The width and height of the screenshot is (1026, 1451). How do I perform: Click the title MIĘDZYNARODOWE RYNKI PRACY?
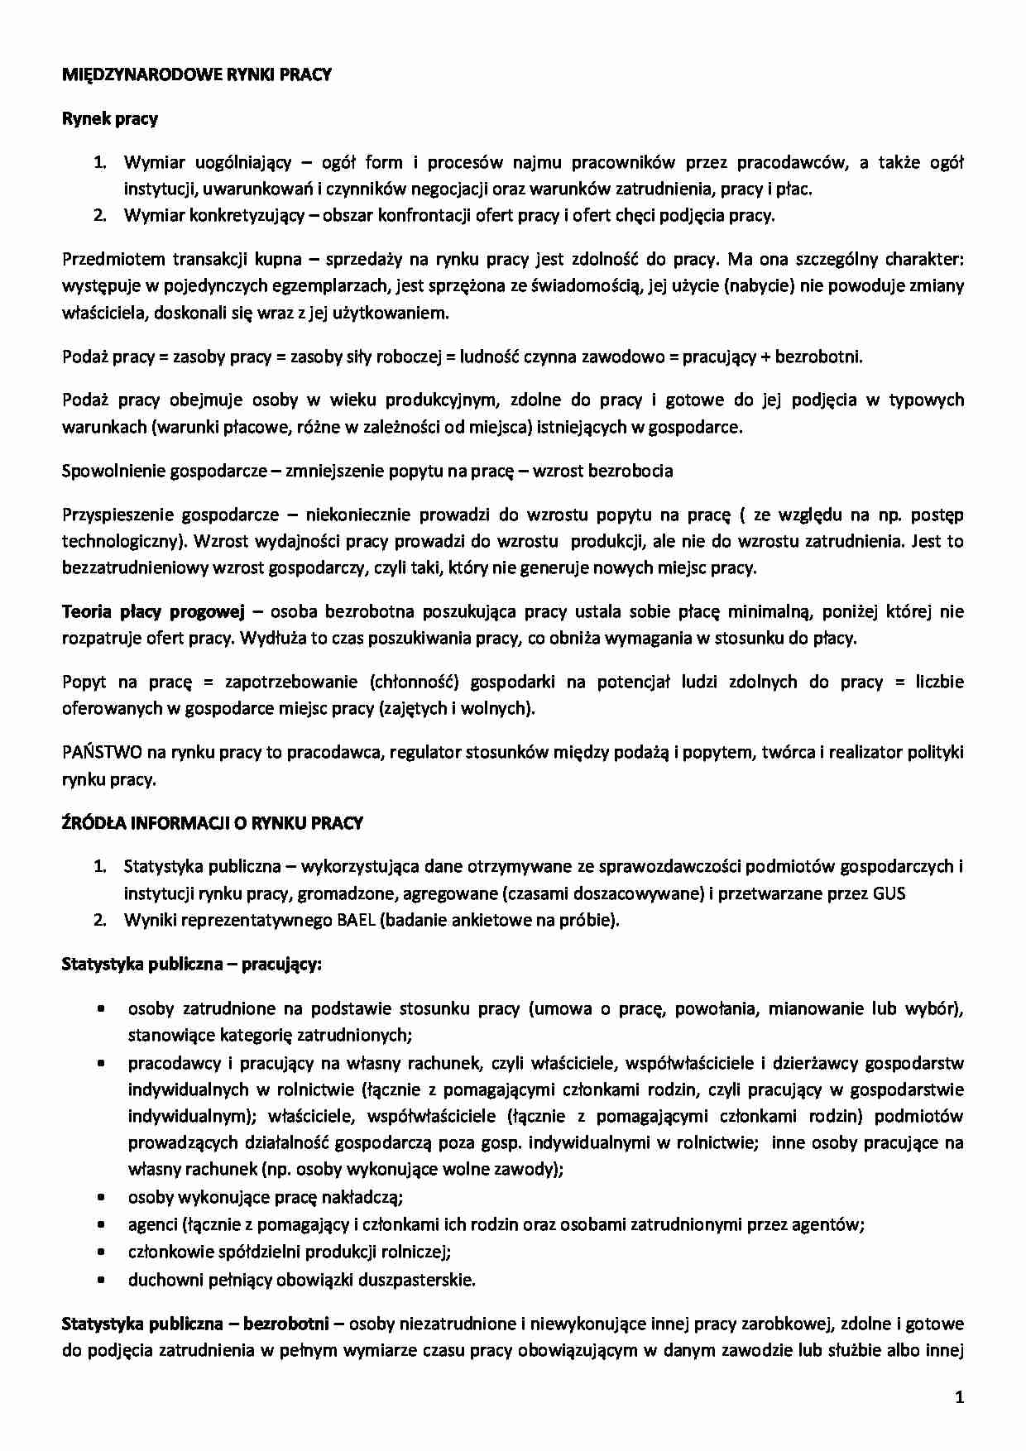(197, 74)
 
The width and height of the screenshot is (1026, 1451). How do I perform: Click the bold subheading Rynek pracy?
(110, 118)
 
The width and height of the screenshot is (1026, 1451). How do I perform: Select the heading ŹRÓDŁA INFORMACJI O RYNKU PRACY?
(213, 823)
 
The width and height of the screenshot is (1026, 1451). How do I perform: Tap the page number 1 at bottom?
(959, 1398)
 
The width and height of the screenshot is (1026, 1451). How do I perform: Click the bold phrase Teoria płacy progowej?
(154, 612)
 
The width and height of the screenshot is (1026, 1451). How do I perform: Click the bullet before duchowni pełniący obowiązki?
(100, 1280)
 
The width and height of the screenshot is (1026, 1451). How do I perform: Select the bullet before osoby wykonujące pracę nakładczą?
(100, 1197)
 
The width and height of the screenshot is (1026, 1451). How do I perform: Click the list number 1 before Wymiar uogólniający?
(99, 162)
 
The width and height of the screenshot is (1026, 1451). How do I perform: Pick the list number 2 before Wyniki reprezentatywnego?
(99, 920)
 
